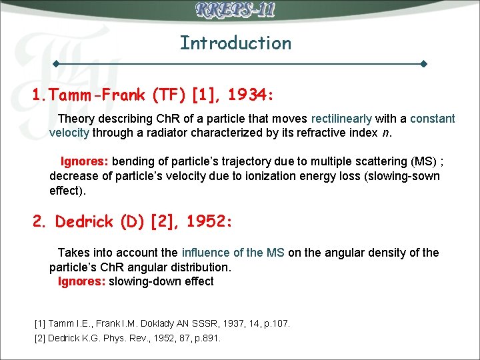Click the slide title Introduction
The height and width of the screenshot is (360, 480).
pyautogui.click(x=235, y=43)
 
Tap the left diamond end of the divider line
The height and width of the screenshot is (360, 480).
pyautogui.click(x=57, y=65)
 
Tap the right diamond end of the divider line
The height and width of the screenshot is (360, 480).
pyautogui.click(x=423, y=65)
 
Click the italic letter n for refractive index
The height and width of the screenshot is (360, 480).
pyautogui.click(x=386, y=133)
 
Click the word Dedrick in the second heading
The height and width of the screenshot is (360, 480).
pyautogui.click(x=85, y=222)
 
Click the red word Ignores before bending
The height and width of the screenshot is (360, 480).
pyautogui.click(x=85, y=162)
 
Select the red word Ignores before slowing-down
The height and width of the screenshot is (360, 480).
pyautogui.click(x=81, y=281)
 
